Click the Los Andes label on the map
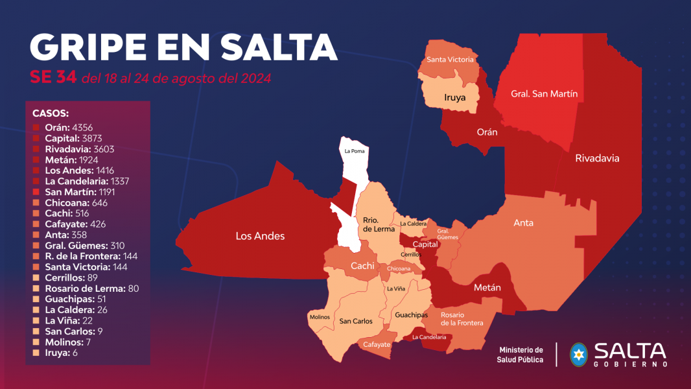(x=259, y=236)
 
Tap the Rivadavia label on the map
(x=597, y=158)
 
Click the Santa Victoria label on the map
(x=451, y=60)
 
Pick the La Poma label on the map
(x=354, y=151)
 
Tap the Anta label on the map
(x=523, y=222)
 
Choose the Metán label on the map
(x=487, y=287)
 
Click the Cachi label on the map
(x=362, y=266)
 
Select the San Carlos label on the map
(x=356, y=321)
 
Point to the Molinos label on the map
(x=320, y=317)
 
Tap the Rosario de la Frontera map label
(x=462, y=318)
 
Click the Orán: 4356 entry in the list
(x=69, y=128)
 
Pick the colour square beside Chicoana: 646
(x=36, y=203)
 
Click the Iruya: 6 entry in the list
(x=62, y=353)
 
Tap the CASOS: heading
(x=51, y=113)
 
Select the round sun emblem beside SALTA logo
(x=578, y=353)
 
